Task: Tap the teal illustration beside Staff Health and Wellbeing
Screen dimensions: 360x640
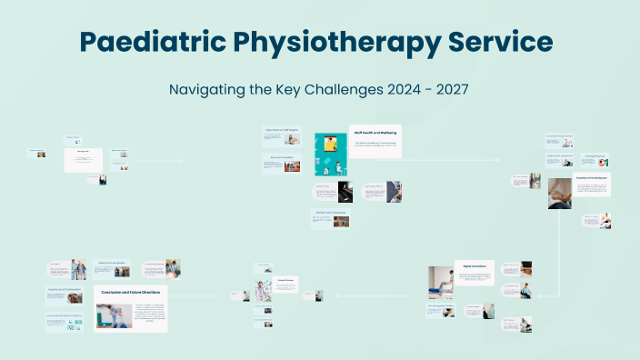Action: (330, 155)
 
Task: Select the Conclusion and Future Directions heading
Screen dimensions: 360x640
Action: (131, 293)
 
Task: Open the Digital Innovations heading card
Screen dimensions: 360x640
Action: (474, 266)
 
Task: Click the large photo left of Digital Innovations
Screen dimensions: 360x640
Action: (441, 283)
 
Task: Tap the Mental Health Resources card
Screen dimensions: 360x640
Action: (331, 218)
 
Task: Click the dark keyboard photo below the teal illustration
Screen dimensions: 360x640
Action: (345, 191)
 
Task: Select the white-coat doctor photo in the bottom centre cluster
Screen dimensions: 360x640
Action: (263, 291)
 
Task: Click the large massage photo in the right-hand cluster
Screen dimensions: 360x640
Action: (559, 193)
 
